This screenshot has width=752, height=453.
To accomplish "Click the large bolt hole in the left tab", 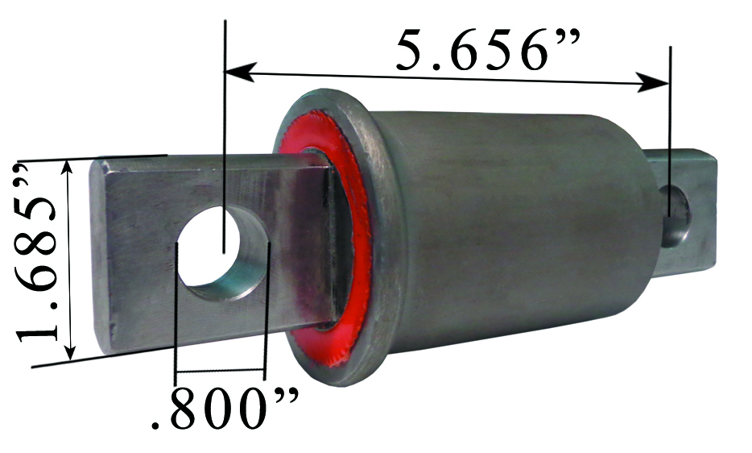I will click(223, 251).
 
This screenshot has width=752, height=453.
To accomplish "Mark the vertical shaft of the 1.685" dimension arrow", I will click(71, 258).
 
